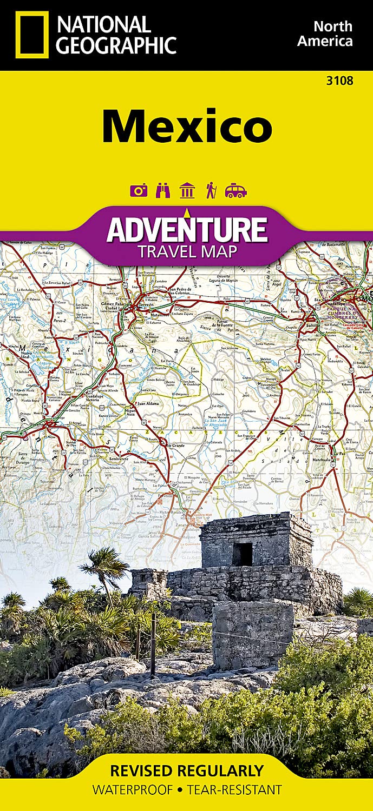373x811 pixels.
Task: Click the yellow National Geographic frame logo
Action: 32,35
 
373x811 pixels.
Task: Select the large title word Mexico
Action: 187,126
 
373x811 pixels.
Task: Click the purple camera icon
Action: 139,191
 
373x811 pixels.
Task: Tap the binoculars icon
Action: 162,191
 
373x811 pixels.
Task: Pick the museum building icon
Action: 187,191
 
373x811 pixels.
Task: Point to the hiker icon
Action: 211,191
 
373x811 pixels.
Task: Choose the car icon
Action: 236,191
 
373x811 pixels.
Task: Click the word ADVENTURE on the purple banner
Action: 187,229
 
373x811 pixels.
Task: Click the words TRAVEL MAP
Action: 187,251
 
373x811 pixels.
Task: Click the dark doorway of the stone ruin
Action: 243,554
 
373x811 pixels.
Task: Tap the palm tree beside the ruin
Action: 106,568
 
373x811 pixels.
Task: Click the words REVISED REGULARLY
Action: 186,770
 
